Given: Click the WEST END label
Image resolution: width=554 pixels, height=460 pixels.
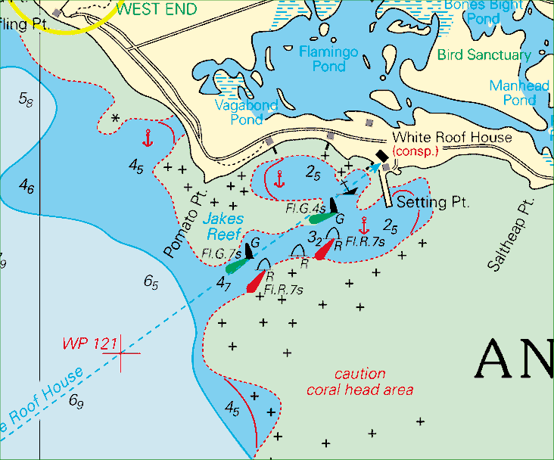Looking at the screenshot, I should click(157, 10).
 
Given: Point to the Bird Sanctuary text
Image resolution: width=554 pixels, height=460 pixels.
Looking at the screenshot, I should click(484, 55).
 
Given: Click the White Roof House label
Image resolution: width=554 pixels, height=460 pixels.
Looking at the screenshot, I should click(451, 138).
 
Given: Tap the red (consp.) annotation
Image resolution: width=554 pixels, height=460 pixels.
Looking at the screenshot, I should click(415, 151).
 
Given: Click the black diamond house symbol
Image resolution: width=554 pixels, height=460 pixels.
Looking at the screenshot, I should click(381, 156).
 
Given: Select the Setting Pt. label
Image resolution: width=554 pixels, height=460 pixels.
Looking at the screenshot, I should click(433, 203).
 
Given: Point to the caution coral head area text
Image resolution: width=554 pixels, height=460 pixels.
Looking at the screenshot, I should click(359, 382).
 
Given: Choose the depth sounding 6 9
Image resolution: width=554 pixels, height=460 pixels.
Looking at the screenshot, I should click(76, 401).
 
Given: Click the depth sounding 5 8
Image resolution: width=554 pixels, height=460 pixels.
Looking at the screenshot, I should click(26, 98).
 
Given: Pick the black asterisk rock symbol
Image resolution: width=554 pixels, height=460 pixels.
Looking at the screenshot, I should click(115, 119).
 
